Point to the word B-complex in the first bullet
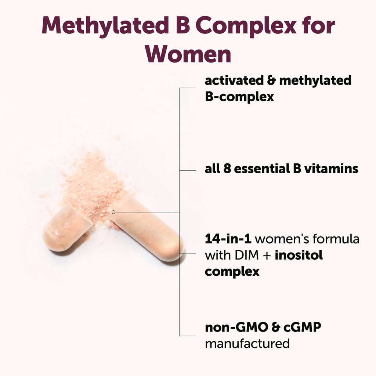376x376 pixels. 239,97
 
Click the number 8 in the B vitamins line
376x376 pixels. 228,169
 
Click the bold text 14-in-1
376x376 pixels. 228,239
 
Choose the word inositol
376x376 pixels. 299,255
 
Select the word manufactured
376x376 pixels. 247,344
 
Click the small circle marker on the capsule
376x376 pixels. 113,212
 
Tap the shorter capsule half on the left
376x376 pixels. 64,229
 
